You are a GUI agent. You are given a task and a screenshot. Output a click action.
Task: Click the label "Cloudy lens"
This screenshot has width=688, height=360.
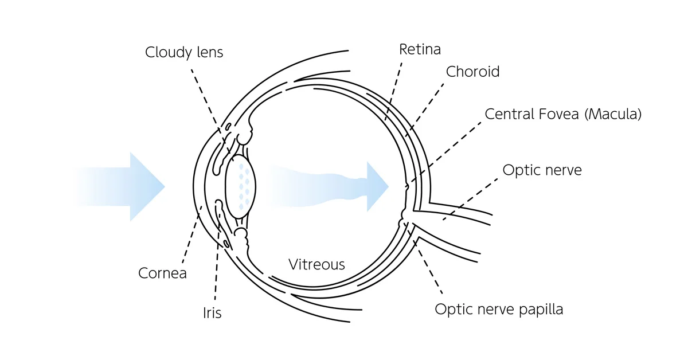coord(183,52)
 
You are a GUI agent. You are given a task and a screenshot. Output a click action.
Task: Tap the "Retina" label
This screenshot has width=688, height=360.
coord(420,49)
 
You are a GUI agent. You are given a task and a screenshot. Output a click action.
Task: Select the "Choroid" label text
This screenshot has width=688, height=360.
coord(472,72)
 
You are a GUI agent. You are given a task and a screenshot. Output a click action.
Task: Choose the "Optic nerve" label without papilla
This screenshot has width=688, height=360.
coord(542,170)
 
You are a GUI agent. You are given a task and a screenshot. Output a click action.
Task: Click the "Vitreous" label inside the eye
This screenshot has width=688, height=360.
coord(316,264)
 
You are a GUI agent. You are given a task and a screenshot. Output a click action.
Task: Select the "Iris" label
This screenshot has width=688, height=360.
coord(212,313)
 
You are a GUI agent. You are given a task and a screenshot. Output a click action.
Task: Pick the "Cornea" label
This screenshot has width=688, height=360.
coord(162,273)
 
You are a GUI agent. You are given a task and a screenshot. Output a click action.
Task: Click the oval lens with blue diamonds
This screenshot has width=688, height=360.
coord(240,186)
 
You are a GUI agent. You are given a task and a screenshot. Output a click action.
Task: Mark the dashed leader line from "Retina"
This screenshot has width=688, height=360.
coord(394,86)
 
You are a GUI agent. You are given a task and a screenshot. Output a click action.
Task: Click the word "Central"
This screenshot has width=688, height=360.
coord(507,114)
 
